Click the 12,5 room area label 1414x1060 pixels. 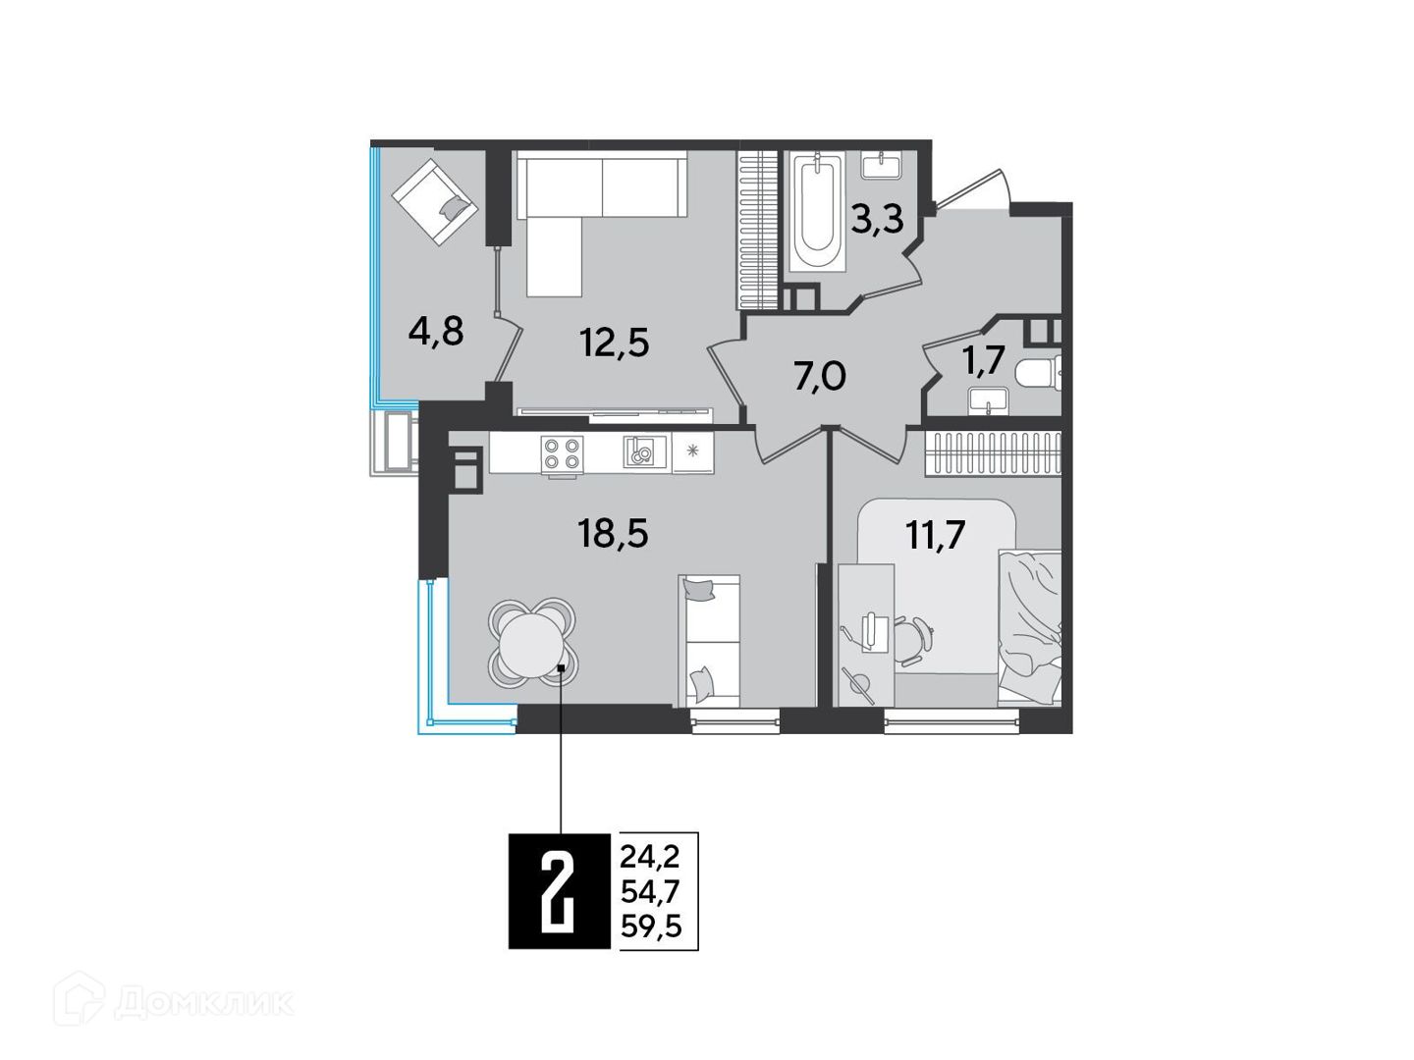click(614, 342)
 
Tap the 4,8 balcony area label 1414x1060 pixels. click(436, 332)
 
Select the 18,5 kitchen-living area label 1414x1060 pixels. click(613, 534)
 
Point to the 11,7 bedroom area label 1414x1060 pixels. click(935, 535)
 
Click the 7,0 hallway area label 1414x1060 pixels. click(819, 377)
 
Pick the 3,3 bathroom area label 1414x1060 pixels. click(877, 219)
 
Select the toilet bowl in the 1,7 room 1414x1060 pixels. click(1037, 374)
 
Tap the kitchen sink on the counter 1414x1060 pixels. click(642, 451)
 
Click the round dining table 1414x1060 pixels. click(532, 642)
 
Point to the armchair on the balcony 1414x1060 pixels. click(435, 203)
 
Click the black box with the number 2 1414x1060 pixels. click(559, 890)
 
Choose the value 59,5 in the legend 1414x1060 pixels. click(651, 927)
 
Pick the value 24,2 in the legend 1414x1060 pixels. click(650, 857)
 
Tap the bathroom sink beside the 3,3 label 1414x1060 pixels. click(880, 166)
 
